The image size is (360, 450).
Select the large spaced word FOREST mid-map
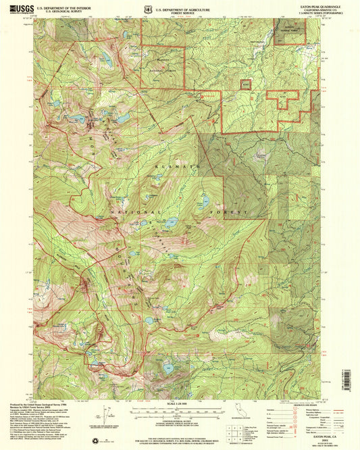[x=233, y=211]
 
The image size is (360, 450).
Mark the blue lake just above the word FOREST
[x=203, y=201]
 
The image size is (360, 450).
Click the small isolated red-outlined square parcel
[x=245, y=85]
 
